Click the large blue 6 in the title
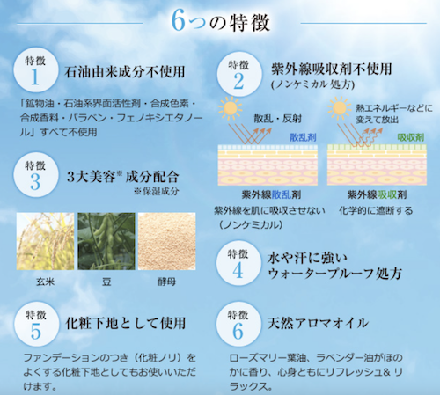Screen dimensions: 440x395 click(179, 20)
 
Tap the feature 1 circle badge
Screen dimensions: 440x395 click(35, 70)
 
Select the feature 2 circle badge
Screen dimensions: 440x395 click(239, 74)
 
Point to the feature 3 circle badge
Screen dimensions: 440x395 click(35, 175)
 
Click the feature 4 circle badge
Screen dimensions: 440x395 click(238, 263)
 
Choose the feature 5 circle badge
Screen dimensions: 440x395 click(36, 325)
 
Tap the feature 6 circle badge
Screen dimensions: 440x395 click(238, 324)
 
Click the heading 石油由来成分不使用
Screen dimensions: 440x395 click(125, 72)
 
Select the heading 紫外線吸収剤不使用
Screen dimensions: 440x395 click(332, 69)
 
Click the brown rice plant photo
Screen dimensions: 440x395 click(46, 241)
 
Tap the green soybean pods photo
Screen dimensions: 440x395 click(106, 241)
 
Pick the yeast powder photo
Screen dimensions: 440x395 click(167, 241)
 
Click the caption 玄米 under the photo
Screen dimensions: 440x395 click(46, 282)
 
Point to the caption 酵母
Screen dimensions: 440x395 click(166, 282)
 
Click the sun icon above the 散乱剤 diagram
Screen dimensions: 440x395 click(230, 108)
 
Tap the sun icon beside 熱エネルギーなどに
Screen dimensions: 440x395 click(340, 108)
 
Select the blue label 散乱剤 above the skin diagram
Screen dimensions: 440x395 click(303, 137)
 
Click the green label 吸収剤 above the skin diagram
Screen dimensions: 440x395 click(411, 137)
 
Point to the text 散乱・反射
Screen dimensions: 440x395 click(277, 119)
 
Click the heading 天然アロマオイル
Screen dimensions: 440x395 click(318, 323)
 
